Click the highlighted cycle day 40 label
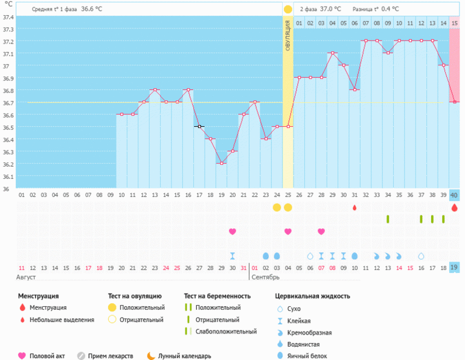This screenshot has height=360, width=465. pos(454,195)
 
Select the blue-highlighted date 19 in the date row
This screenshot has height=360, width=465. pos(454,268)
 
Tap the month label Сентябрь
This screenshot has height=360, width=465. pos(265,277)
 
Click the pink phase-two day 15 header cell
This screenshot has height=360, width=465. pos(454,23)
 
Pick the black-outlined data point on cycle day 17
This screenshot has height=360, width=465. pos(199,126)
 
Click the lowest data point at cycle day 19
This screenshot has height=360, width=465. pos(222,163)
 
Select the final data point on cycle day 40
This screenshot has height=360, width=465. pos(454,102)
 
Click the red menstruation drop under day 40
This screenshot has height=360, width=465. pos(454,207)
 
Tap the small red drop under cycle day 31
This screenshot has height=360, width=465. pos(354,208)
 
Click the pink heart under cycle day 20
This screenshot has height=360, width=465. pos(232,231)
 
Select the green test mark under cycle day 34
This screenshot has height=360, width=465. pos(388,219)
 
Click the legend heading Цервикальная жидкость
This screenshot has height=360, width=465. pos(312,296)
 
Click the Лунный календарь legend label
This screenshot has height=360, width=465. pos(184,356)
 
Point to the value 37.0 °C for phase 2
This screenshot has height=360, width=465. pos(331,9)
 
